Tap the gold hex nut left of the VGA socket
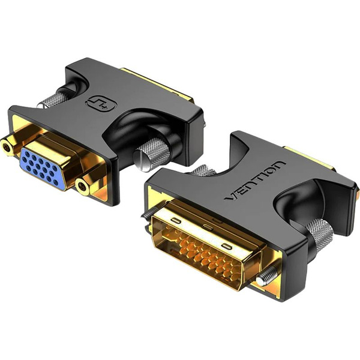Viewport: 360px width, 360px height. (x=7, y=145)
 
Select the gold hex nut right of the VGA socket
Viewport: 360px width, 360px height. (x=83, y=187)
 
